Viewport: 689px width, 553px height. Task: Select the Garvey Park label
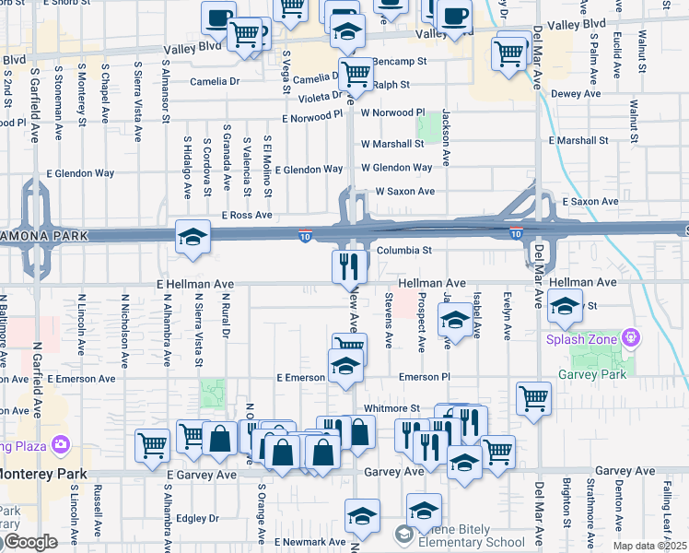tap(591, 374)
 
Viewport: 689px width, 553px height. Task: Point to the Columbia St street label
tap(403, 250)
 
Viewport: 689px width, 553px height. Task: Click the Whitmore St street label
tap(391, 407)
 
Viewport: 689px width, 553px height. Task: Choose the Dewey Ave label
tap(576, 93)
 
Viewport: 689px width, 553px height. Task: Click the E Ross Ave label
tap(246, 215)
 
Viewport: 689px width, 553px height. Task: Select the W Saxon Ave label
tap(404, 192)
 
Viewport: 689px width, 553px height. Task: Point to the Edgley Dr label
tap(199, 518)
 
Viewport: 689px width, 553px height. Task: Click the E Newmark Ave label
tap(315, 542)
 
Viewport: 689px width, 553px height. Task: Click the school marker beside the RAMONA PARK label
tap(193, 238)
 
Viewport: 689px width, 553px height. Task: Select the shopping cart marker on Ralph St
tap(356, 74)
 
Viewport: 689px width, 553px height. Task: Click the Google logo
tap(31, 542)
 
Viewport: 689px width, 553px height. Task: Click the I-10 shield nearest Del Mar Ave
tap(516, 232)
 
